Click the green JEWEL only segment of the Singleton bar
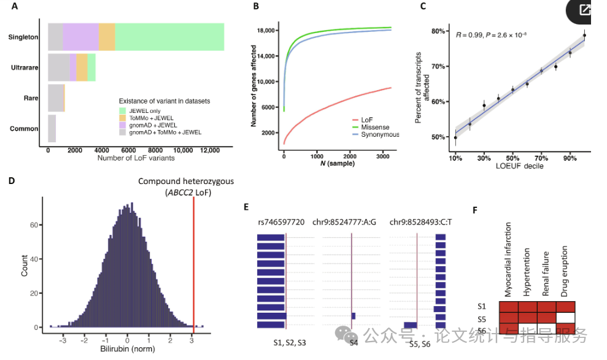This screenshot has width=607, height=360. click(x=169, y=36)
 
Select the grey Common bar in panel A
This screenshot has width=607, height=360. click(x=52, y=128)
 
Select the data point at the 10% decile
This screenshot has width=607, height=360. click(x=455, y=137)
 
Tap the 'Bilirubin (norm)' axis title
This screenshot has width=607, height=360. click(x=127, y=350)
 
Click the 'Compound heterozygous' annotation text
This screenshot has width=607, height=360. click(x=186, y=182)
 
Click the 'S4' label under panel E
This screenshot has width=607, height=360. click(x=353, y=342)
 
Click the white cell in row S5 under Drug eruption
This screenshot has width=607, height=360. click(x=566, y=318)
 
